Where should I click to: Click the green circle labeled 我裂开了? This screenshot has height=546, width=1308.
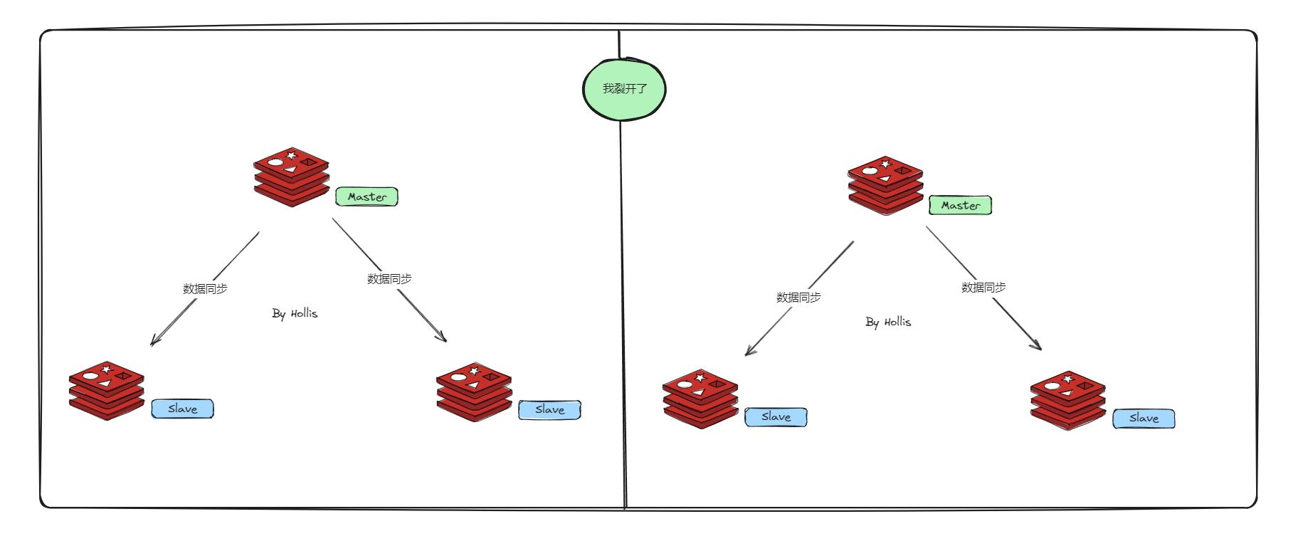[x=624, y=89]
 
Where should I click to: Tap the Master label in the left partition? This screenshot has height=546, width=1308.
[x=366, y=196]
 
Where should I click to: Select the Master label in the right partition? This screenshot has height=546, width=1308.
[x=960, y=205]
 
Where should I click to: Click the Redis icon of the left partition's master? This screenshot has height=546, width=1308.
[x=291, y=177]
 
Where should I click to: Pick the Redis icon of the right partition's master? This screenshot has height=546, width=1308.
[x=885, y=186]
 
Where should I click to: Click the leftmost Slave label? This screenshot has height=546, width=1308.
[x=182, y=409]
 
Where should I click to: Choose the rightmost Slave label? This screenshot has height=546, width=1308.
[x=1144, y=419]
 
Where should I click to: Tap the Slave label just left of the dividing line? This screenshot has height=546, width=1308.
[x=549, y=410]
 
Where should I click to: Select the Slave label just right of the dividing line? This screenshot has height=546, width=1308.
[x=776, y=417]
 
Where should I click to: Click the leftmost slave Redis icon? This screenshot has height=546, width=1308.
[x=107, y=391]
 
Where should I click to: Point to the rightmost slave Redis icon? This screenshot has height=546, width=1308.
[x=1067, y=400]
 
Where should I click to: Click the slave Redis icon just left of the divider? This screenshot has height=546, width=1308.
[x=474, y=392]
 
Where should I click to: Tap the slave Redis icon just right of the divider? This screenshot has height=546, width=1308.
[x=700, y=399]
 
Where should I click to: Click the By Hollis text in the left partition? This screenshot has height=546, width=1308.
[x=295, y=313]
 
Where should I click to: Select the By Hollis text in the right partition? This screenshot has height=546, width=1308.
[x=888, y=322]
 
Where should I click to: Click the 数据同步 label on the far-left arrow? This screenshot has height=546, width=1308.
[x=205, y=289]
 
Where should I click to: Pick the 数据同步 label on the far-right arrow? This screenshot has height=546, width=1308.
[x=983, y=288]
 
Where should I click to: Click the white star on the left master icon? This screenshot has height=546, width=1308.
[x=291, y=154]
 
